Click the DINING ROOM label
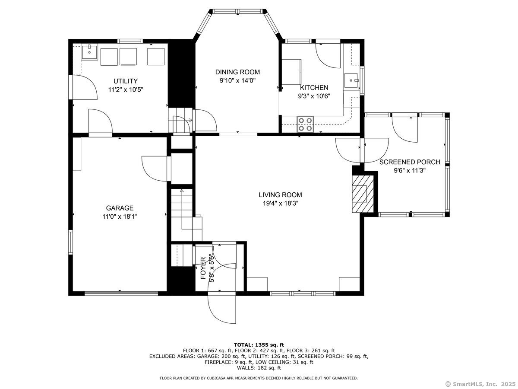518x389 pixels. [237, 72]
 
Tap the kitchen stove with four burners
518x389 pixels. [305, 124]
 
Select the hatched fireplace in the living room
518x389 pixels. [363, 194]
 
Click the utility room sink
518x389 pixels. [89, 52]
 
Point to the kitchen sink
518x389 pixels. [352, 80]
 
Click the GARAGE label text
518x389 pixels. [120, 208]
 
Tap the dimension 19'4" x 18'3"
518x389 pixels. [281, 203]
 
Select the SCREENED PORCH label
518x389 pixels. [410, 162]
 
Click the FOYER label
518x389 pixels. [203, 268]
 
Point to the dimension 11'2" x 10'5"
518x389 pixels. [126, 90]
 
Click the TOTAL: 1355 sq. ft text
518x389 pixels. [259, 345]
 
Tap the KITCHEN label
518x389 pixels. [314, 88]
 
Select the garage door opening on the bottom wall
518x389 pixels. [121, 293]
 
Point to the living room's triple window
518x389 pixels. [303, 293]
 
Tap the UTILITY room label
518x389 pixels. [126, 81]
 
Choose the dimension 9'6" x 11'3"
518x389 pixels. [410, 171]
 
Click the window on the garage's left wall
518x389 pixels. [70, 242]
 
